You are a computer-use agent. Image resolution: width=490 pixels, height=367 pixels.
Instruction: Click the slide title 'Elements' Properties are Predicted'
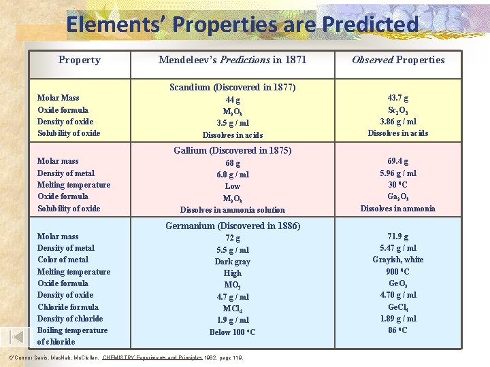coord(242,24)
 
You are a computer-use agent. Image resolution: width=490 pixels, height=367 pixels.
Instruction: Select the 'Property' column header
coord(79,60)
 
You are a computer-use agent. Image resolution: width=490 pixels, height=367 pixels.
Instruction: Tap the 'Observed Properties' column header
coord(398,60)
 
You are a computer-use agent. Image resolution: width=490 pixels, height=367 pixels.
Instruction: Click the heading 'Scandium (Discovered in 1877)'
coord(233,87)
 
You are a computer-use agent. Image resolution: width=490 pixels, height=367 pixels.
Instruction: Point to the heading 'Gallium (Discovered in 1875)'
coord(233,150)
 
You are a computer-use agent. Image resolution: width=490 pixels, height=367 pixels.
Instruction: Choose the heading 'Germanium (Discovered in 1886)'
coord(233,226)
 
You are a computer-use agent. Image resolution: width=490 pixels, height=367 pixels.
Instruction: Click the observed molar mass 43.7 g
coord(398,98)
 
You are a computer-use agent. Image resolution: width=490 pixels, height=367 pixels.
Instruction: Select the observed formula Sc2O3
coord(398,110)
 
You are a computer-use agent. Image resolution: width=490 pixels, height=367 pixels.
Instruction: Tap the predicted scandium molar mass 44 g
coord(233,100)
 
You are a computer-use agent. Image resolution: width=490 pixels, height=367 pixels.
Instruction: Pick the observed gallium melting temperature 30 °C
coord(398,185)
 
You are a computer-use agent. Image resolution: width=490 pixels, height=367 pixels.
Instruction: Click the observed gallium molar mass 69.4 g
coord(398,161)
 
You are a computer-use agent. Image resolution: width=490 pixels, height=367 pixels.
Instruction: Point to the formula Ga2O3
coord(398,197)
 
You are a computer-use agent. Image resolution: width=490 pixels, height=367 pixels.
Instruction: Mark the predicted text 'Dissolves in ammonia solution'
coord(233,210)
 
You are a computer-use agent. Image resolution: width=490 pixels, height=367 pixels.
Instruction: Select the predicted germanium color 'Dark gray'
coord(233,262)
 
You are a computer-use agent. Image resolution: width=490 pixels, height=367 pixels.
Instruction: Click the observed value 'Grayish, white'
coord(398,260)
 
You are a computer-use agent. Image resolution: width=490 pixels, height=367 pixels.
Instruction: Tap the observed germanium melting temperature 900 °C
coord(398,272)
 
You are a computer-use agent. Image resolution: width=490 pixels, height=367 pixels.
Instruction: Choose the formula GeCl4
coord(398,307)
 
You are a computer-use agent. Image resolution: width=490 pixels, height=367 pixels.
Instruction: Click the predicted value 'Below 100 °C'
coord(233,332)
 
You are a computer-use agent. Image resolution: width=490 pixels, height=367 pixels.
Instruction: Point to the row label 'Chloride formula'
coord(67,307)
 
